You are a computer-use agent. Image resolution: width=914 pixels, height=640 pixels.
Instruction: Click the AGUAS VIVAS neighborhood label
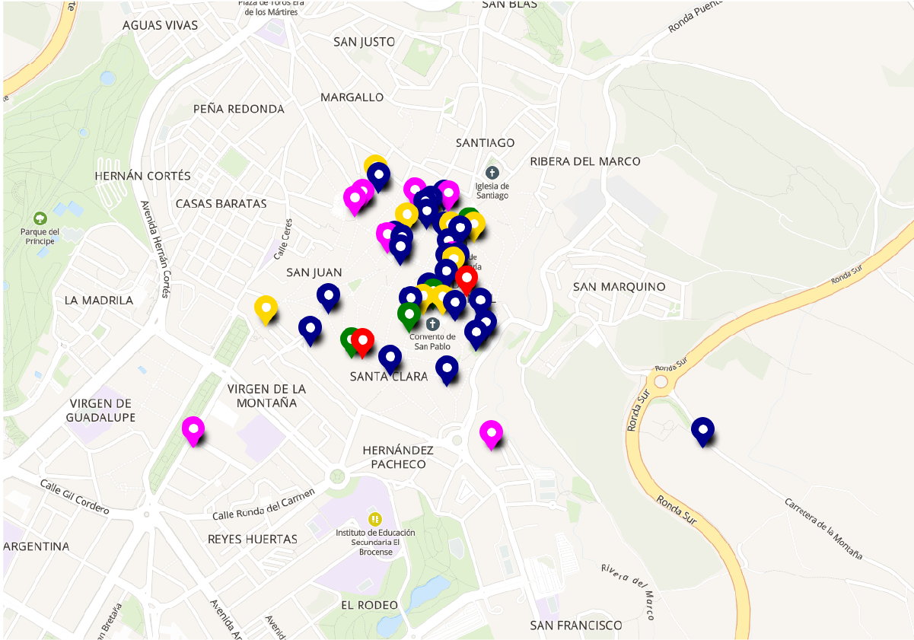pyautogui.click(x=160, y=26)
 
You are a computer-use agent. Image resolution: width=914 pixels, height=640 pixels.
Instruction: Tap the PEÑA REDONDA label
pyautogui.click(x=238, y=109)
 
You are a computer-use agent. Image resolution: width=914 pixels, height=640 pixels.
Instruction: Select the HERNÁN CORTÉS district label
pyautogui.click(x=142, y=176)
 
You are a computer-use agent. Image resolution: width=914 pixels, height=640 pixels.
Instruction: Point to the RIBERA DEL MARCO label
pyautogui.click(x=585, y=161)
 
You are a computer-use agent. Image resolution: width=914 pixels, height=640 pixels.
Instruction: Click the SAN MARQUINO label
pyautogui.click(x=619, y=287)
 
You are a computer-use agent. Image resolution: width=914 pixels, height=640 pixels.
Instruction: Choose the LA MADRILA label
pyautogui.click(x=99, y=301)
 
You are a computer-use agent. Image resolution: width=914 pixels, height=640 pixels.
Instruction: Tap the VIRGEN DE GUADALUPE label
pyautogui.click(x=100, y=410)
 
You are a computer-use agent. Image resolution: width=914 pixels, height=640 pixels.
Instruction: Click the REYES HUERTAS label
pyautogui.click(x=253, y=540)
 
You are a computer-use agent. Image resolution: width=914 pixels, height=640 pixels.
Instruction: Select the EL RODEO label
pyautogui.click(x=369, y=605)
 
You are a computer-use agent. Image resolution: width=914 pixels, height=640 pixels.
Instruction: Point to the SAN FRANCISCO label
pyautogui.click(x=576, y=626)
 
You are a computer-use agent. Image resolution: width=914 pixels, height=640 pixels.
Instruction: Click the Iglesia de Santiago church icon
pyautogui.click(x=492, y=173)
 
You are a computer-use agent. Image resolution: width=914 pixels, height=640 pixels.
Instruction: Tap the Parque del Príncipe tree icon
pyautogui.click(x=40, y=218)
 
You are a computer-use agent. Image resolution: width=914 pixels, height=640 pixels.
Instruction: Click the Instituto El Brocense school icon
pyautogui.click(x=375, y=519)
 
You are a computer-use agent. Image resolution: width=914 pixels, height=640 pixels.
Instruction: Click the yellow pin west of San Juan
pyautogui.click(x=266, y=308)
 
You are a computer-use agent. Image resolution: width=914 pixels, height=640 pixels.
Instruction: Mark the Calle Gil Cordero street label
pyautogui.click(x=75, y=494)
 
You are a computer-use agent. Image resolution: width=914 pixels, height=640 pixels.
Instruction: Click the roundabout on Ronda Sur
pyautogui.click(x=660, y=381)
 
